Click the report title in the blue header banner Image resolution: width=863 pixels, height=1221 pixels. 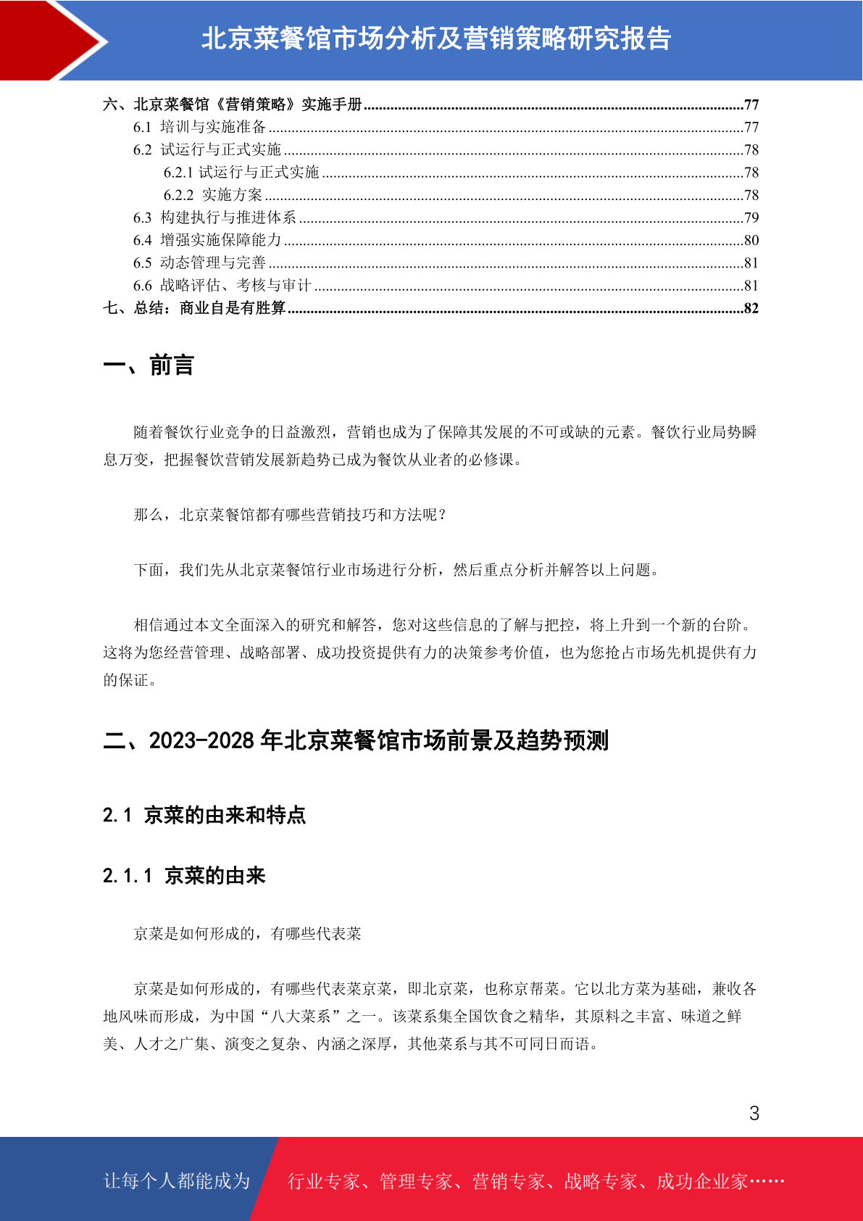(436, 39)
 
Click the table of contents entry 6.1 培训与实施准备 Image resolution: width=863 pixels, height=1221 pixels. (199, 127)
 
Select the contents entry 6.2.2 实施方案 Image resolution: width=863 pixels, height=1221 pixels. (213, 195)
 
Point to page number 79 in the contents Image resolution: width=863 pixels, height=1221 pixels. (751, 218)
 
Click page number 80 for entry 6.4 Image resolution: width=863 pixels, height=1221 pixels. (751, 240)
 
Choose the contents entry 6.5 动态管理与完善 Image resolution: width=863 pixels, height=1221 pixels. (199, 262)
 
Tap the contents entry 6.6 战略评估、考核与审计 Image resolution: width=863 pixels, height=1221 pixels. (222, 286)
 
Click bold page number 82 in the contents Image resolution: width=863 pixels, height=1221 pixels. (751, 308)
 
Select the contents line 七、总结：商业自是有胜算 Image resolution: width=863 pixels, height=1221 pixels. (194, 308)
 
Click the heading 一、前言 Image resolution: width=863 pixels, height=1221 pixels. (149, 365)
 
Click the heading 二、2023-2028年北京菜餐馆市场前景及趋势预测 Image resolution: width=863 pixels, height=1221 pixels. (355, 740)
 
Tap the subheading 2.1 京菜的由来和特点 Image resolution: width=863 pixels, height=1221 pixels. (204, 815)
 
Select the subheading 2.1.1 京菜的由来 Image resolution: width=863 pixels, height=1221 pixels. (184, 876)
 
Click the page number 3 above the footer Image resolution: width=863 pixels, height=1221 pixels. (754, 1113)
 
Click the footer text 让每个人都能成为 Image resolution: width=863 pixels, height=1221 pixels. (177, 1181)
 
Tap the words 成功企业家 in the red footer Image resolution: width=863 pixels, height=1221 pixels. (701, 1181)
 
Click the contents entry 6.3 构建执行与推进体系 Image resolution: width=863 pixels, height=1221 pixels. (214, 218)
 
